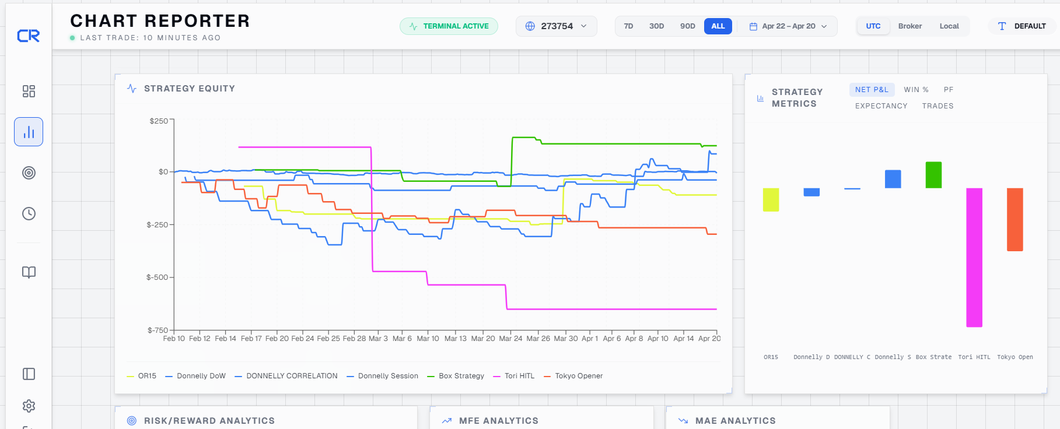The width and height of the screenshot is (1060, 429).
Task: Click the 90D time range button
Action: point(687,26)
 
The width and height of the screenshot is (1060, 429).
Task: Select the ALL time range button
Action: point(718,26)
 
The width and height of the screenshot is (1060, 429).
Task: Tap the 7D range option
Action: point(628,26)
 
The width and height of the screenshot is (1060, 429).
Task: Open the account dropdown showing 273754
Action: point(556,26)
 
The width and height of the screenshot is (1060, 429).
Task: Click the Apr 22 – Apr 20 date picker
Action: point(788,26)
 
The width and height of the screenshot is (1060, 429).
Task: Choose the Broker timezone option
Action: point(909,26)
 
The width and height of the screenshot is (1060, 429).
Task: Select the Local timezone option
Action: point(949,26)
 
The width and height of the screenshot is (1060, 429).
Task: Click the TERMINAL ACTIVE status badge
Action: point(449,26)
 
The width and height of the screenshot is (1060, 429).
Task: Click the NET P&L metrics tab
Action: point(872,90)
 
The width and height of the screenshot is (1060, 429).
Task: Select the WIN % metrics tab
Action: point(916,90)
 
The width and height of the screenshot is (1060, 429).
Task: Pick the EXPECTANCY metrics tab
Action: point(881,106)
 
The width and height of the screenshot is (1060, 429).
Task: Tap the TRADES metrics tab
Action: point(937,106)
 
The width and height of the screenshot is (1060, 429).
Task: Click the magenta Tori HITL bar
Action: point(974,258)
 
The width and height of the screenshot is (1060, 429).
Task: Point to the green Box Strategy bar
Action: point(933,175)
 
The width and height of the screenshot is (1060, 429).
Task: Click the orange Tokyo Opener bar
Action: point(1015,220)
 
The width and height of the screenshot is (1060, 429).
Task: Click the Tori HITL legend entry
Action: point(513,376)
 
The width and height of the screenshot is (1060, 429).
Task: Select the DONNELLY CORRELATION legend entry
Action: point(286,376)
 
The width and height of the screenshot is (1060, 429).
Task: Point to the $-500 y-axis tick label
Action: point(157,277)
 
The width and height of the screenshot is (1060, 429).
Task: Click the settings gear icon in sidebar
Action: point(29,406)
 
